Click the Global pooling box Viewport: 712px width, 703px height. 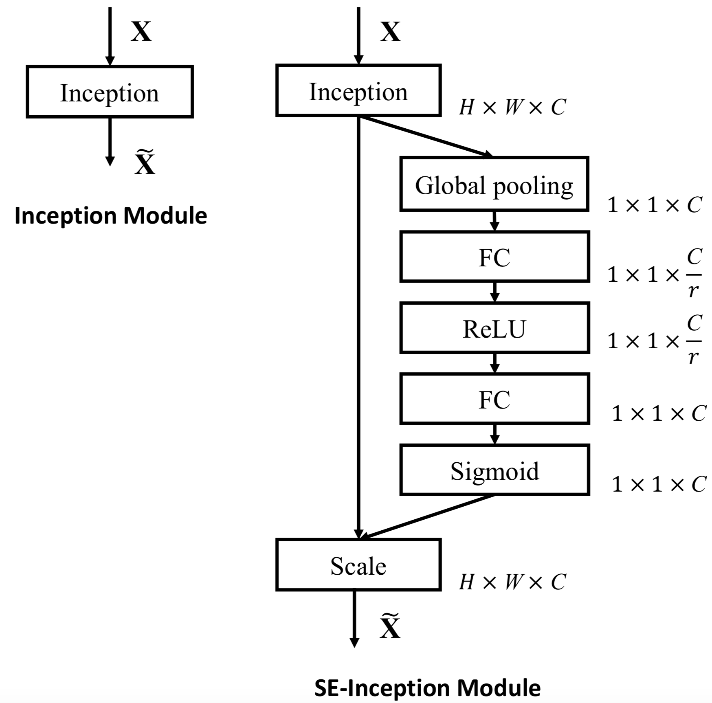[494, 184]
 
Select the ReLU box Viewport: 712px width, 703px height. [494, 328]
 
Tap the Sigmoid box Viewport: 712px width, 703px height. [494, 470]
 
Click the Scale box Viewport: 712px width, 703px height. [358, 565]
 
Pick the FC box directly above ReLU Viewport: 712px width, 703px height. [494, 257]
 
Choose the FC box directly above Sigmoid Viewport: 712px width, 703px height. [494, 399]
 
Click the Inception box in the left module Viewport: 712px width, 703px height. [110, 92]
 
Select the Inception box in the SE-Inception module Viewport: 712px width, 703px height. [358, 90]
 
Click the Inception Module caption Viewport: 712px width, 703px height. [111, 216]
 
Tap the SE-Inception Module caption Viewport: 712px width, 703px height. [427, 688]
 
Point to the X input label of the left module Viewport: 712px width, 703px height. [141, 31]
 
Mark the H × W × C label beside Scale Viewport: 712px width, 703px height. [512, 582]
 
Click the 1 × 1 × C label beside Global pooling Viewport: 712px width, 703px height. [654, 205]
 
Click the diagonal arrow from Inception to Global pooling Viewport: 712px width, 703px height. [426, 136]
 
